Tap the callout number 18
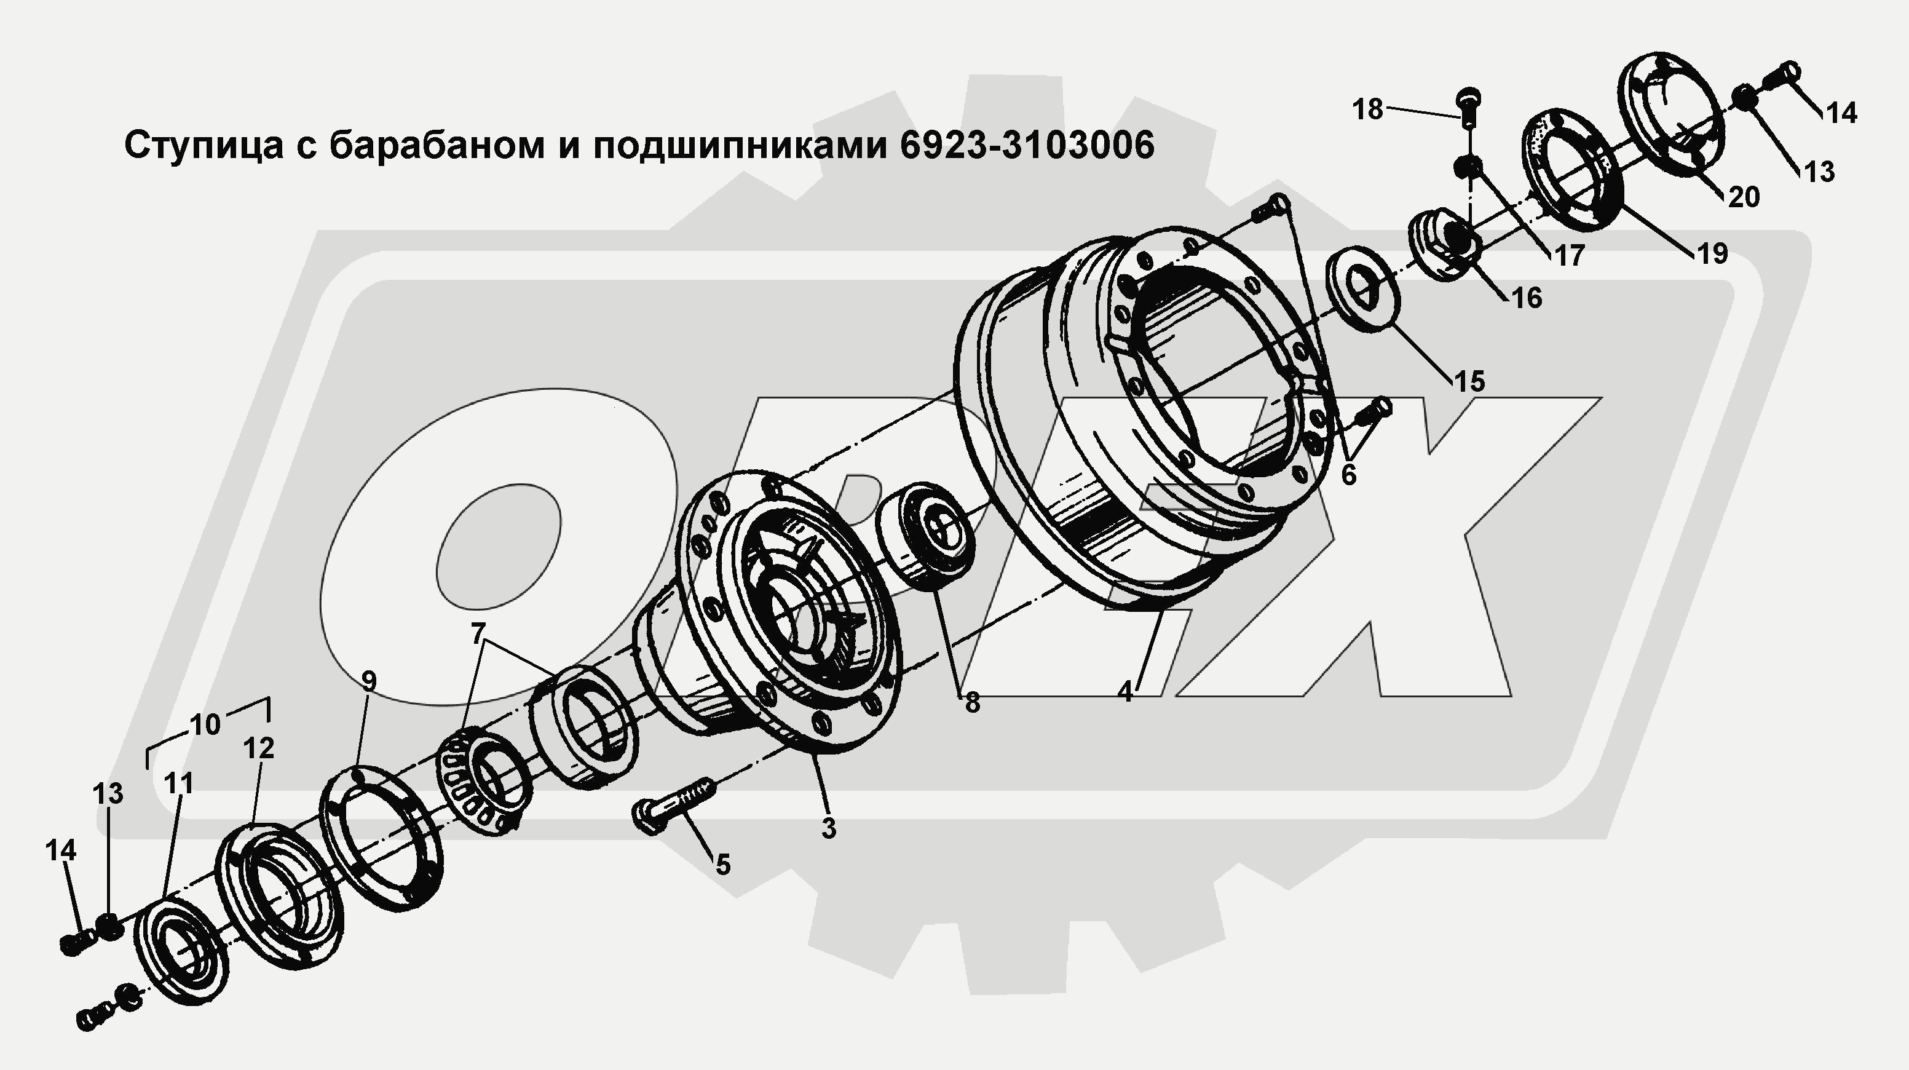point(1368,109)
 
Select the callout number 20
point(1744,197)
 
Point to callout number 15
point(1469,381)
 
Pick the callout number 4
point(1125,692)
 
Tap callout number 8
point(972,702)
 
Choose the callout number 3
point(829,828)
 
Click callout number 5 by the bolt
point(722,864)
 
